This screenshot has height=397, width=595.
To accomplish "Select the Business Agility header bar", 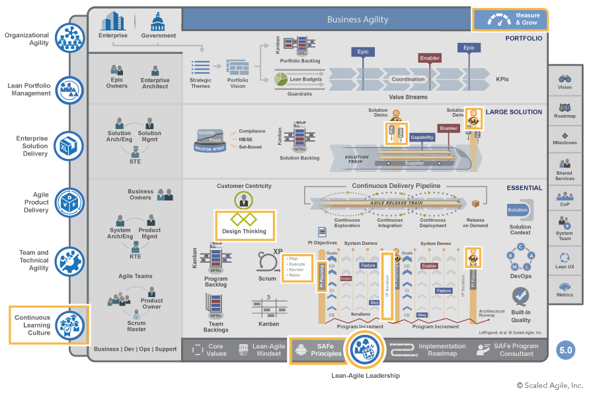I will tap(358, 19).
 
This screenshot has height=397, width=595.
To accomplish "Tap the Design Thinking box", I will tap(244, 225).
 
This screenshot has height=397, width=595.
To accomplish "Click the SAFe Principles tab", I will tap(318, 350).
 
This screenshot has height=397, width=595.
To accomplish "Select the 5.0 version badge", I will tap(565, 350).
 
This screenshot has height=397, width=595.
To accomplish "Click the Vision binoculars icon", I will tap(565, 79).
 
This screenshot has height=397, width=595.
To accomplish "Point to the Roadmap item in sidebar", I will tap(565, 110).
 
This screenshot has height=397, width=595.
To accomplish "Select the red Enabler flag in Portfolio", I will tap(430, 58).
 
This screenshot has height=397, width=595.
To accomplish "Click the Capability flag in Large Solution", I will tap(422, 138).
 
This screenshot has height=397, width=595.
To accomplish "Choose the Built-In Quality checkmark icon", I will tap(520, 295).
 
